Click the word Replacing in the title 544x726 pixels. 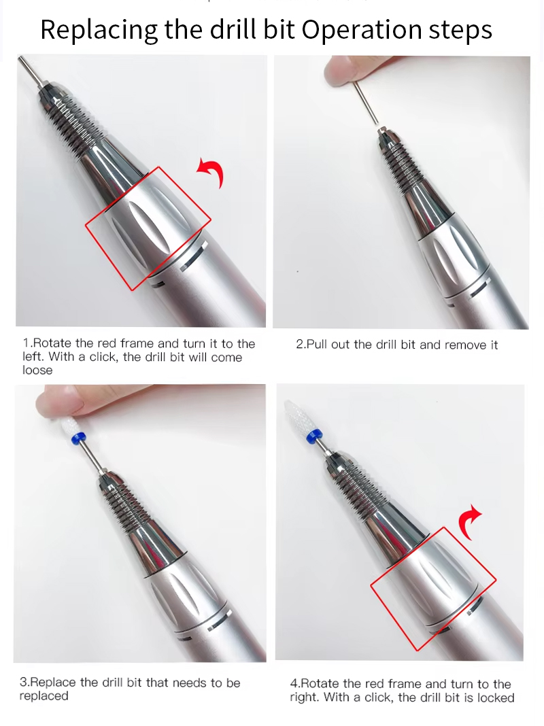99,30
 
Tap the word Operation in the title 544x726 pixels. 362,30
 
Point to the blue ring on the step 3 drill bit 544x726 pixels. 78,438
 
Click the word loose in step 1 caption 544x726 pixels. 37,370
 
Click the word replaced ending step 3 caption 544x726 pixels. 44,696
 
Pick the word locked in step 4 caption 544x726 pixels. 496,697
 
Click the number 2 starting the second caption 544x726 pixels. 300,345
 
